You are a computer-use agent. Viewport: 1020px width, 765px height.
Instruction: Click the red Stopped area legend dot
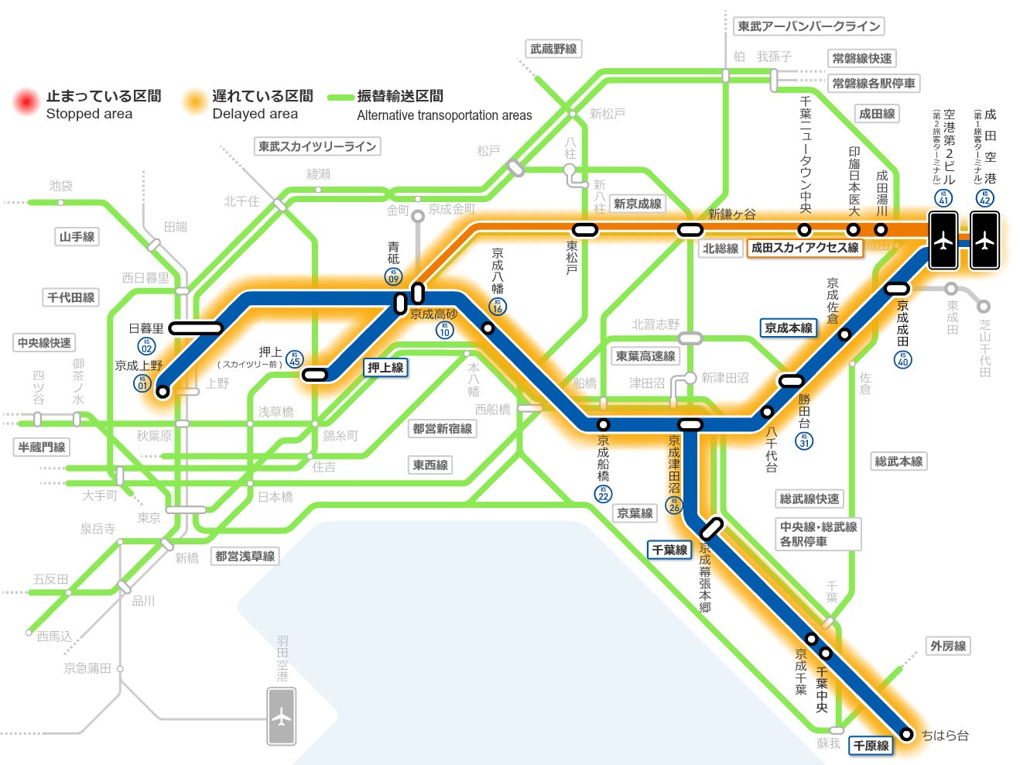(26, 101)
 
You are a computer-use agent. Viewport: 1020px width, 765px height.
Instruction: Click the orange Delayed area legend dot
(193, 101)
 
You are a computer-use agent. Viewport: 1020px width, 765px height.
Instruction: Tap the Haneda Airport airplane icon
(282, 717)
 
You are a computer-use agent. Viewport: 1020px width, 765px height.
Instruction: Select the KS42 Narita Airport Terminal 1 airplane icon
(984, 242)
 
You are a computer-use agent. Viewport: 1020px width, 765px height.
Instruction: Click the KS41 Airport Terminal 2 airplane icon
(943, 242)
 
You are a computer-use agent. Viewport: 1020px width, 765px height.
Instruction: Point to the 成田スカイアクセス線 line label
(805, 248)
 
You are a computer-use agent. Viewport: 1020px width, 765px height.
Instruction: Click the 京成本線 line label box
(789, 328)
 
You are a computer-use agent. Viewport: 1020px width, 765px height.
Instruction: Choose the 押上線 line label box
(385, 368)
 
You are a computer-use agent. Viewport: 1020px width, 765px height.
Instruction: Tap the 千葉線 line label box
(669, 550)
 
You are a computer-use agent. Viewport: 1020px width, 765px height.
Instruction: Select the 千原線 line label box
(871, 746)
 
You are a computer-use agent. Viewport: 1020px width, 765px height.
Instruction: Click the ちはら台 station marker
(907, 734)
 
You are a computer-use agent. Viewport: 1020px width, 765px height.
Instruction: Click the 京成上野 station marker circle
(163, 392)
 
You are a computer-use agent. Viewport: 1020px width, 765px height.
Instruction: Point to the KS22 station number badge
(604, 494)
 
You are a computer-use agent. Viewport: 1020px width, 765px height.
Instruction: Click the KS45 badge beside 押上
(294, 359)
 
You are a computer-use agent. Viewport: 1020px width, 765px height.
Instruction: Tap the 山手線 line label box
(77, 237)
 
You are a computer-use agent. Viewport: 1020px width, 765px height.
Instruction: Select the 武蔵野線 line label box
(553, 50)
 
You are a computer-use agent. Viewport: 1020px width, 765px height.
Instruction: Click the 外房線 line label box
(948, 646)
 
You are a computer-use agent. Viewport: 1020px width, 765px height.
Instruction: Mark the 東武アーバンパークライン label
(809, 26)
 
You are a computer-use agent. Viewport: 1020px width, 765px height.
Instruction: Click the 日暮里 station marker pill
(195, 328)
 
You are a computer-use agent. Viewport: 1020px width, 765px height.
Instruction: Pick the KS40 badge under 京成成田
(903, 359)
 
